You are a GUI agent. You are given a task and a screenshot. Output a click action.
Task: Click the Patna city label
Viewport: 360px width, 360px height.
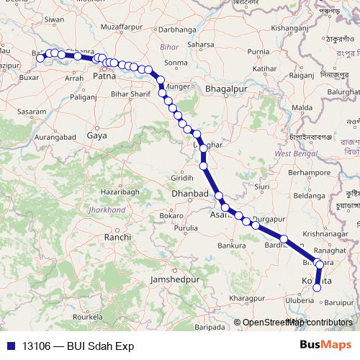click(104, 75)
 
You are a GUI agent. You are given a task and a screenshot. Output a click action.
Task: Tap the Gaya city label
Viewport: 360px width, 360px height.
click(96, 135)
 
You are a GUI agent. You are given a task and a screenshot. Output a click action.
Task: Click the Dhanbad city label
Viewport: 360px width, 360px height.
click(190, 194)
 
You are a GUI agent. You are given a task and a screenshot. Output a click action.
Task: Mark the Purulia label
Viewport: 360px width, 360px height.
click(185, 228)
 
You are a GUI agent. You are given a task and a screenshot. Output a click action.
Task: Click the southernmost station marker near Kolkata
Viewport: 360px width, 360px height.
click(316, 289)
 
